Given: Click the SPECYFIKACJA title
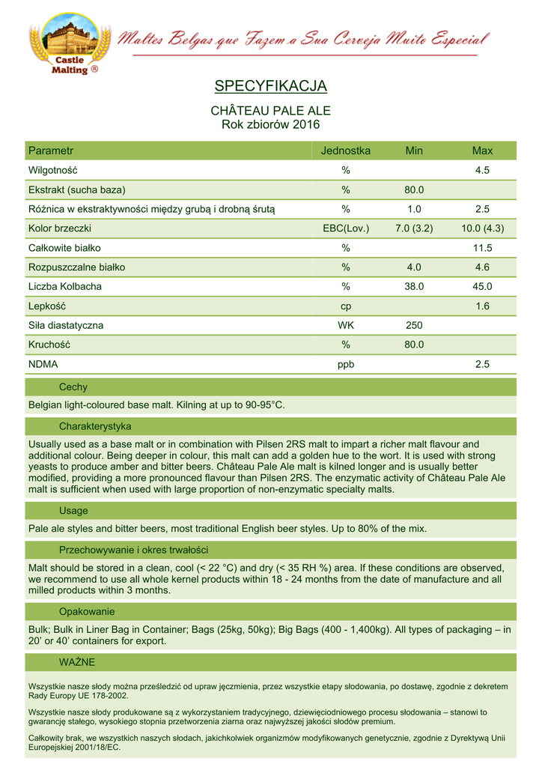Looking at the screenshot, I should pos(270,86).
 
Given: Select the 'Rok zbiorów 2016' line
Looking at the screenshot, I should pos(270,124).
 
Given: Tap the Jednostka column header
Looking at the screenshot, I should pos(346,151).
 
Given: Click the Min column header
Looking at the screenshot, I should pos(414,151).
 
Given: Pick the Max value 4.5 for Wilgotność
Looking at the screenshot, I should pos(482,170).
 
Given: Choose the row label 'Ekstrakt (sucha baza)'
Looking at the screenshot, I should pos(76,190).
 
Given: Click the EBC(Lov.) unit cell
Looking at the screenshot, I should pos(346,228).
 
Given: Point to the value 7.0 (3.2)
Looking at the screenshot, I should pos(414,228).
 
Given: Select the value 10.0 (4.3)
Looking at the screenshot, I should pos(482,228).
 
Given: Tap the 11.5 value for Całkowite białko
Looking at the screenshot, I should pos(482,248).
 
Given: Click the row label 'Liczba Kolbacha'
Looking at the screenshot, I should pos(65,287).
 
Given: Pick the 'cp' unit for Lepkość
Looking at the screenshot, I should pos(346,306).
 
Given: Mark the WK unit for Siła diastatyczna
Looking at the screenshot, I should pos(346,326).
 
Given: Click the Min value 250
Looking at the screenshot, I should pos(414,326).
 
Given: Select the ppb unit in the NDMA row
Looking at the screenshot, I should pos(346,365).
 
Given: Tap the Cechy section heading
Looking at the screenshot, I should pos(73,387).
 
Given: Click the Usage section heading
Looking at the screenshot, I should pos(73,511).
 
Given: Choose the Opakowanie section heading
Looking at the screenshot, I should pos(86,612).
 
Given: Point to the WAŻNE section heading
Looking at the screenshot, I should pos(76,662).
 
